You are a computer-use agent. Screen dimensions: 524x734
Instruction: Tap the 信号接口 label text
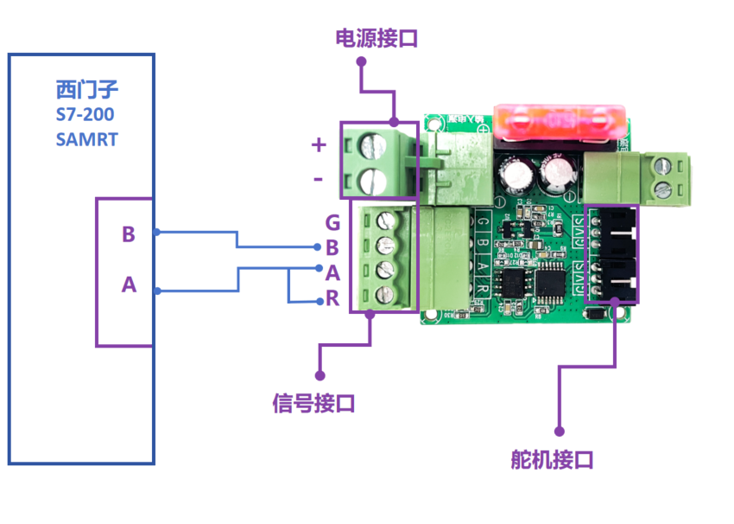[x=313, y=403]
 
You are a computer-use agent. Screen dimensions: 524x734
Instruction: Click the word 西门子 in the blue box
[x=85, y=89]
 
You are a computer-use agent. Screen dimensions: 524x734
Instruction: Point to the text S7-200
[x=85, y=114]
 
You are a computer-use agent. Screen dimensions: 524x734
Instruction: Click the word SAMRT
[x=86, y=139]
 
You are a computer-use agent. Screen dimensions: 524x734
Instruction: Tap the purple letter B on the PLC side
[x=129, y=234]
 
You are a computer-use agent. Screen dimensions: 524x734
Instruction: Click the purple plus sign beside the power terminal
[x=319, y=144]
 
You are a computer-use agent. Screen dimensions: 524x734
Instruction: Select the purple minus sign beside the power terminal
[x=318, y=179]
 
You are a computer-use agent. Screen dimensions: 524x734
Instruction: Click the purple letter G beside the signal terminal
[x=332, y=223]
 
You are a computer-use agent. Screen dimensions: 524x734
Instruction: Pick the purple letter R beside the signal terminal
[x=332, y=301]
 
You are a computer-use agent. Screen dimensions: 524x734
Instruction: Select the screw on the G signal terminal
[x=386, y=220]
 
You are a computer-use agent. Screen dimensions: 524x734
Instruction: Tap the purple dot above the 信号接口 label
[x=320, y=375]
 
